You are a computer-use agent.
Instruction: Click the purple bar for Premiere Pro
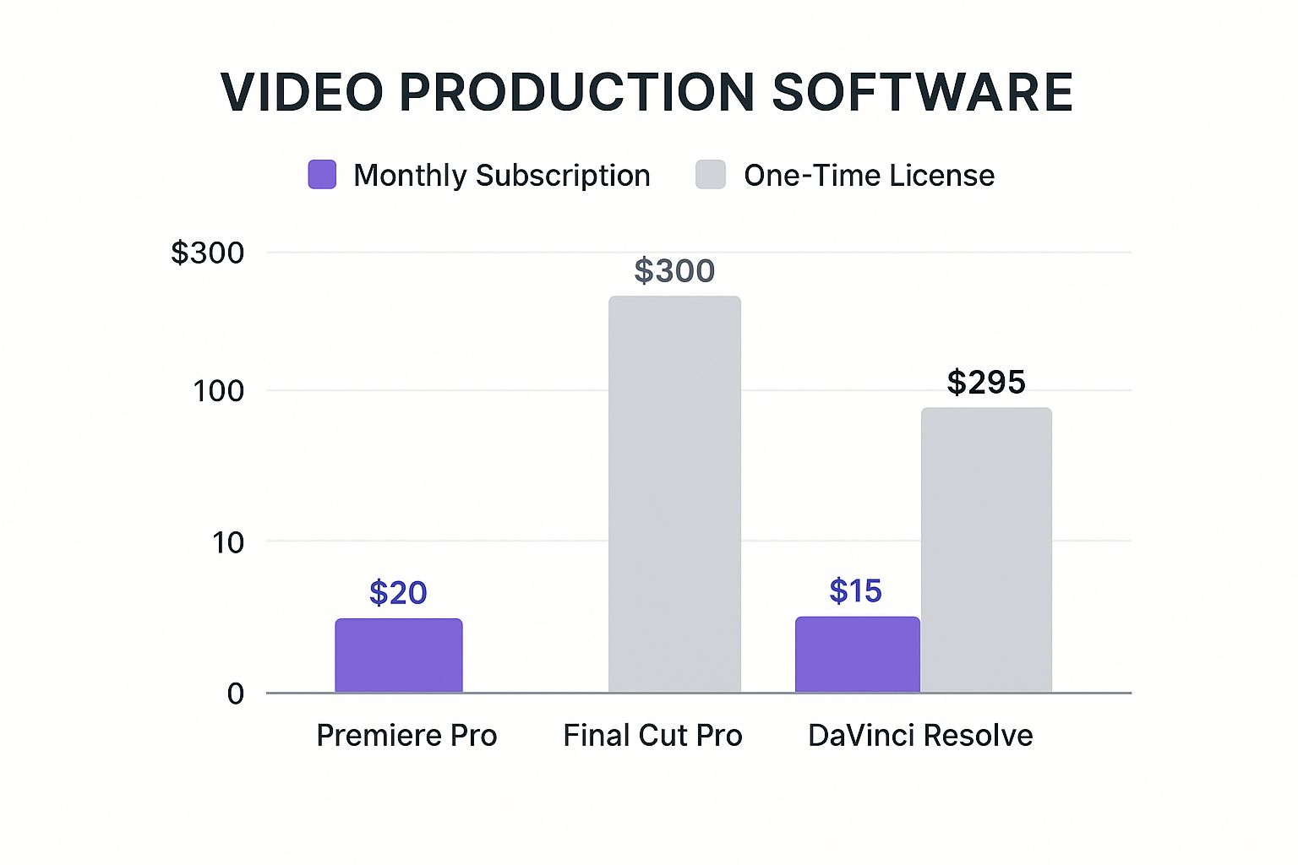click(399, 656)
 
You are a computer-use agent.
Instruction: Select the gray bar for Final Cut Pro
click(674, 494)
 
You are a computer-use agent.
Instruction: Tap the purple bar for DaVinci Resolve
click(857, 655)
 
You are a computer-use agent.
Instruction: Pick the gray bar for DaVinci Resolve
click(986, 550)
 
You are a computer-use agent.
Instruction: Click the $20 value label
click(398, 593)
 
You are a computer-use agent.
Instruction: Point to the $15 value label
click(855, 591)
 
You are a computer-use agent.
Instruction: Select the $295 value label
click(986, 383)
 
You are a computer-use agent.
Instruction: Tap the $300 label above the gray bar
click(674, 271)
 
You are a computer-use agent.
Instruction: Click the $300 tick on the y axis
click(208, 253)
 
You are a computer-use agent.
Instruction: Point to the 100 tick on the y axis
click(218, 391)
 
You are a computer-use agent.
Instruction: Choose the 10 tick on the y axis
click(227, 542)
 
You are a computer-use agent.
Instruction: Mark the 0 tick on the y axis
click(235, 694)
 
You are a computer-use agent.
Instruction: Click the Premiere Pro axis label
click(406, 736)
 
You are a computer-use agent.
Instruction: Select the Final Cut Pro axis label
click(652, 736)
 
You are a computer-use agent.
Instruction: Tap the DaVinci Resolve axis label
click(920, 736)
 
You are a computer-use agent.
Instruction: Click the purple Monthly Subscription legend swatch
click(322, 175)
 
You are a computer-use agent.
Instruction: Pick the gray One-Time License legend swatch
click(711, 175)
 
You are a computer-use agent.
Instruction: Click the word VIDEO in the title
click(302, 92)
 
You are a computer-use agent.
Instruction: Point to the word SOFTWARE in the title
click(922, 92)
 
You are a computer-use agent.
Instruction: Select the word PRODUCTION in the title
click(576, 92)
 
